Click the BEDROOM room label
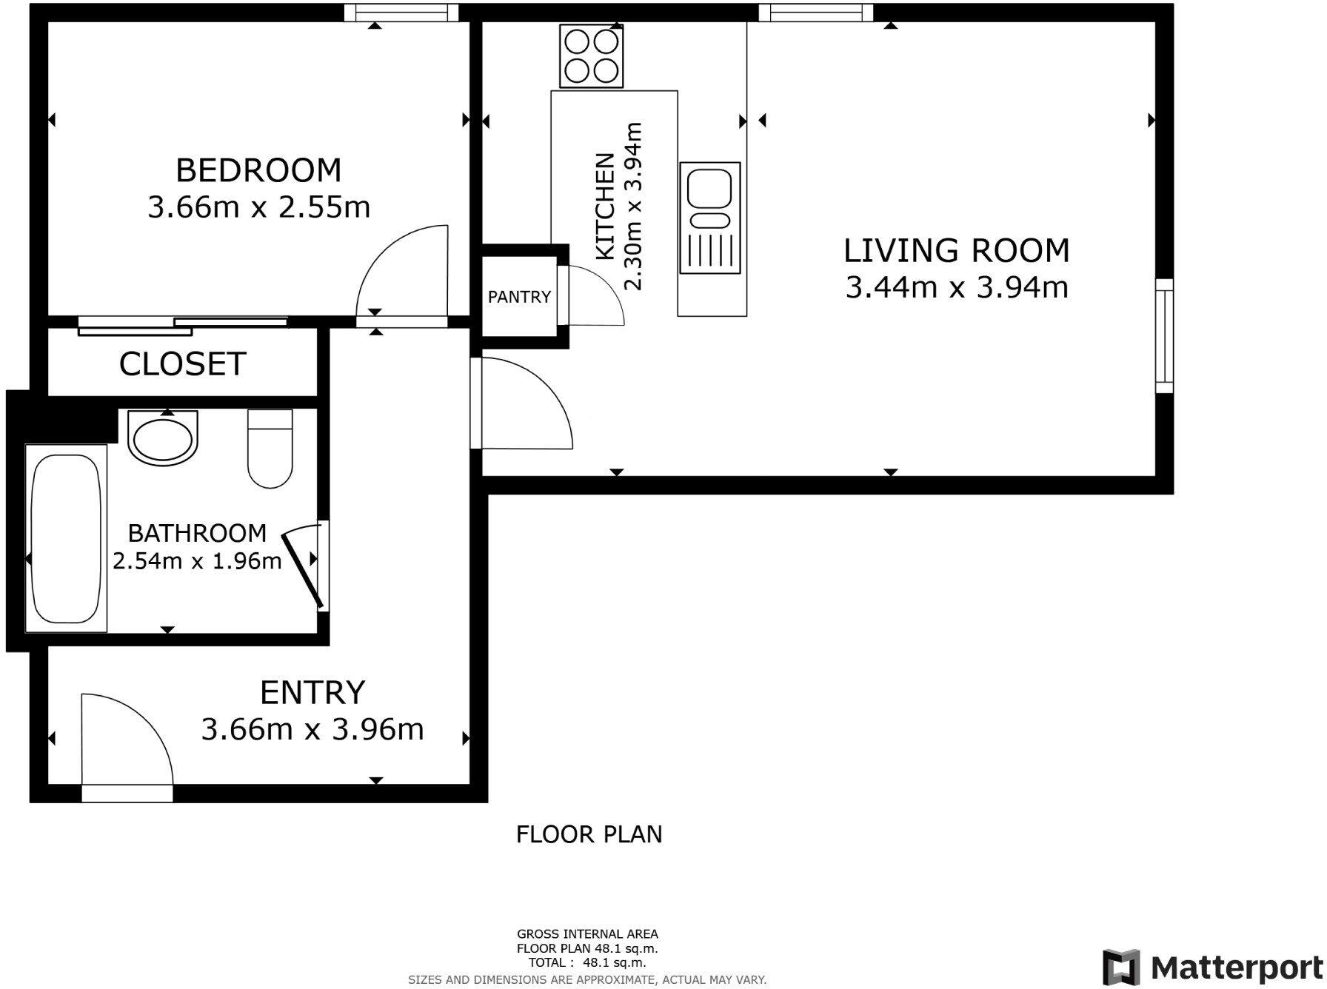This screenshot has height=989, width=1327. (258, 170)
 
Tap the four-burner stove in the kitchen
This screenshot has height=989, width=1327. (591, 56)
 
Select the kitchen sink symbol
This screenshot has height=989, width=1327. (709, 218)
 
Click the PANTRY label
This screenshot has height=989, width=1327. (519, 297)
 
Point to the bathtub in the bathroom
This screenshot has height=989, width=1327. (66, 538)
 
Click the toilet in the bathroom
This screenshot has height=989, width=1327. (270, 449)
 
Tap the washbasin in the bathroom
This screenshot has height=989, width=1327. (164, 437)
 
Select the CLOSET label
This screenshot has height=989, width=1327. (182, 364)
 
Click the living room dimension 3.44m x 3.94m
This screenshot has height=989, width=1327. (957, 287)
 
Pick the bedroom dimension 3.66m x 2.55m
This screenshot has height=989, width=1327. (259, 207)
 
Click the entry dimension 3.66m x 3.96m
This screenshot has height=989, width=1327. (312, 730)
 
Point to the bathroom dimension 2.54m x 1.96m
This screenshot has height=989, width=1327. (197, 561)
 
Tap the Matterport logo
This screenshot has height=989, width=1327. (1212, 968)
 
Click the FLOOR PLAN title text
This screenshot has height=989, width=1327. (589, 835)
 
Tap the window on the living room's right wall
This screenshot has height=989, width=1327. (1165, 336)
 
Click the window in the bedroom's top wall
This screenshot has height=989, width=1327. (401, 13)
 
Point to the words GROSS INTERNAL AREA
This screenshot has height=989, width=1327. (587, 934)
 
